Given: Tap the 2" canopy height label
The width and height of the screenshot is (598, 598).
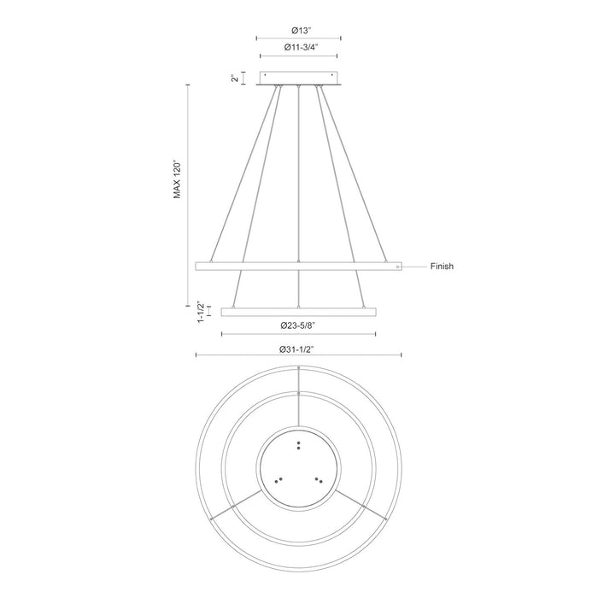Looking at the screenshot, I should tap(233, 79).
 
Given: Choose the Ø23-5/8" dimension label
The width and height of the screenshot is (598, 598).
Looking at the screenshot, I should tap(298, 325).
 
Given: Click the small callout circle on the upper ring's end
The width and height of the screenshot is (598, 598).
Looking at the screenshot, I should tap(397, 267).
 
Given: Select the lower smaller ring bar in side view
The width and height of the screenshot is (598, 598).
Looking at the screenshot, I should tap(298, 312).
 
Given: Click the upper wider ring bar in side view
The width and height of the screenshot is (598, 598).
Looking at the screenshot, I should tap(298, 267).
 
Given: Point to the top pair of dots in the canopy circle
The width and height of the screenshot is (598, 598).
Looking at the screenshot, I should tap(298, 443).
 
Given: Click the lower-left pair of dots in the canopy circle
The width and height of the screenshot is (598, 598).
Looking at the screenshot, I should tap(278, 479).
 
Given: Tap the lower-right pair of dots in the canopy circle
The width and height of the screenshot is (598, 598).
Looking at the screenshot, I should tap(318, 479).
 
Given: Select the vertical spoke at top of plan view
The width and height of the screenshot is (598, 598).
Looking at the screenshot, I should tap(298, 398).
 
